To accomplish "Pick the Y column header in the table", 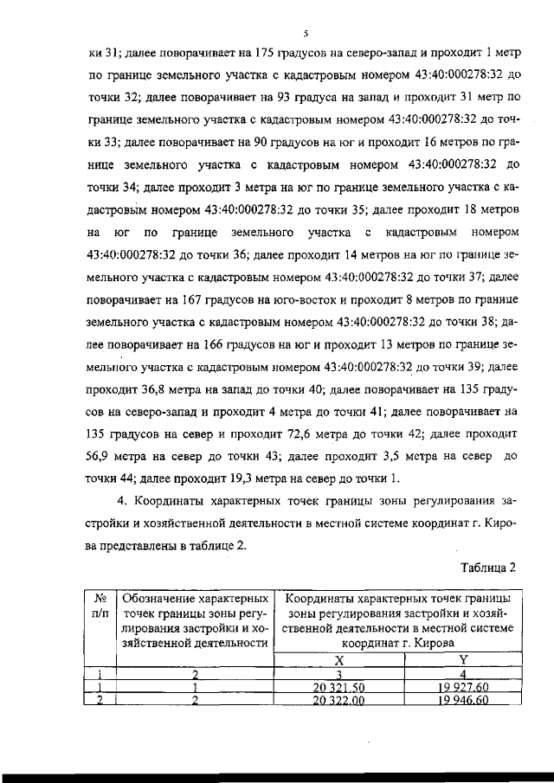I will tap(462, 659).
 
